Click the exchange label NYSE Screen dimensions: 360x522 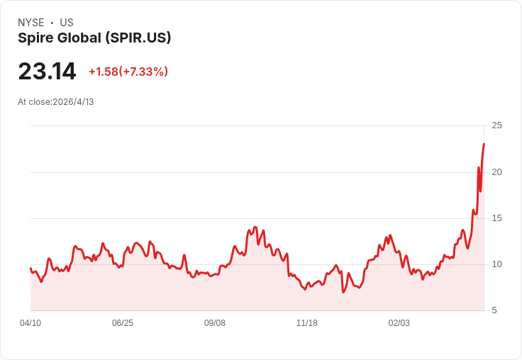coord(30,23)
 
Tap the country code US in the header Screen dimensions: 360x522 coord(67,23)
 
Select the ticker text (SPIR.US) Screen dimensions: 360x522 coord(138,38)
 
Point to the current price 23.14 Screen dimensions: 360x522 coord(47,72)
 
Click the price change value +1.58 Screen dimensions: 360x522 coord(103,72)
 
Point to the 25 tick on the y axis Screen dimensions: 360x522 coord(496,125)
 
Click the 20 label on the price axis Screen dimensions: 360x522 coord(496,172)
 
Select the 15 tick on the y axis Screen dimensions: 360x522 coord(496,218)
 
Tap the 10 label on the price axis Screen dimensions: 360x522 coord(496,264)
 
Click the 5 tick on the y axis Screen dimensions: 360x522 coord(494,310)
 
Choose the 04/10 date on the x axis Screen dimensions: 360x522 coord(30,323)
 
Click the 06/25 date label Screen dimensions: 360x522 coord(123,323)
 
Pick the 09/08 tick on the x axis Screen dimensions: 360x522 coord(215,323)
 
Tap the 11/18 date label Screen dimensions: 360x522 coord(307,323)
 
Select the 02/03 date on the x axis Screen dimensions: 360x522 coord(399,323)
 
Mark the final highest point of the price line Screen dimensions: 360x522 coord(484,144)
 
